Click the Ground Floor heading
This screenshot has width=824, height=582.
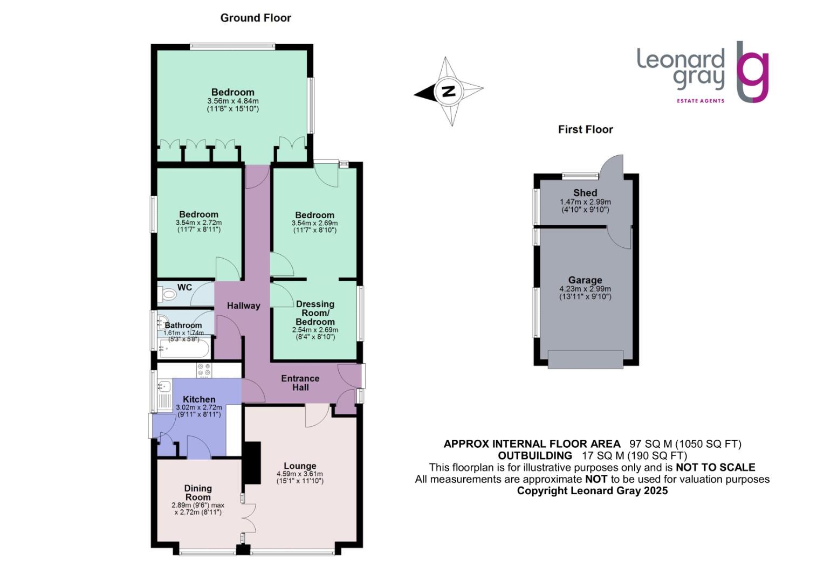(256, 18)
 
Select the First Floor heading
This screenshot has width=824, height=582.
(585, 129)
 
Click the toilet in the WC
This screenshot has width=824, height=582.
(168, 294)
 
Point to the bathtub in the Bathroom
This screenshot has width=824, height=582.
(184, 350)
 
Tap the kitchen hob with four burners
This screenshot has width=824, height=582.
(204, 370)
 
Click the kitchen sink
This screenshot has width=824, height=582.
(164, 386)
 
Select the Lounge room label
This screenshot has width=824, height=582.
(300, 466)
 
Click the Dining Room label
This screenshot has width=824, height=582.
(198, 493)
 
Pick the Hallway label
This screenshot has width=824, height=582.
(243, 306)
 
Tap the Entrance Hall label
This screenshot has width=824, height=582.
(300, 383)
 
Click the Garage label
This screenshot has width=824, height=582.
(585, 280)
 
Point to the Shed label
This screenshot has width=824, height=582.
(585, 193)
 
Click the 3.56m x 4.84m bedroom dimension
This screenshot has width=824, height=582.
(233, 101)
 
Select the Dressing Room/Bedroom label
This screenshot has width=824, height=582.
(315, 313)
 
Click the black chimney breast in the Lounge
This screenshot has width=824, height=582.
(251, 462)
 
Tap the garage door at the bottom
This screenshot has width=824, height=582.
(586, 359)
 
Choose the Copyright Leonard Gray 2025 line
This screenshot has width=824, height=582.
(592, 491)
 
